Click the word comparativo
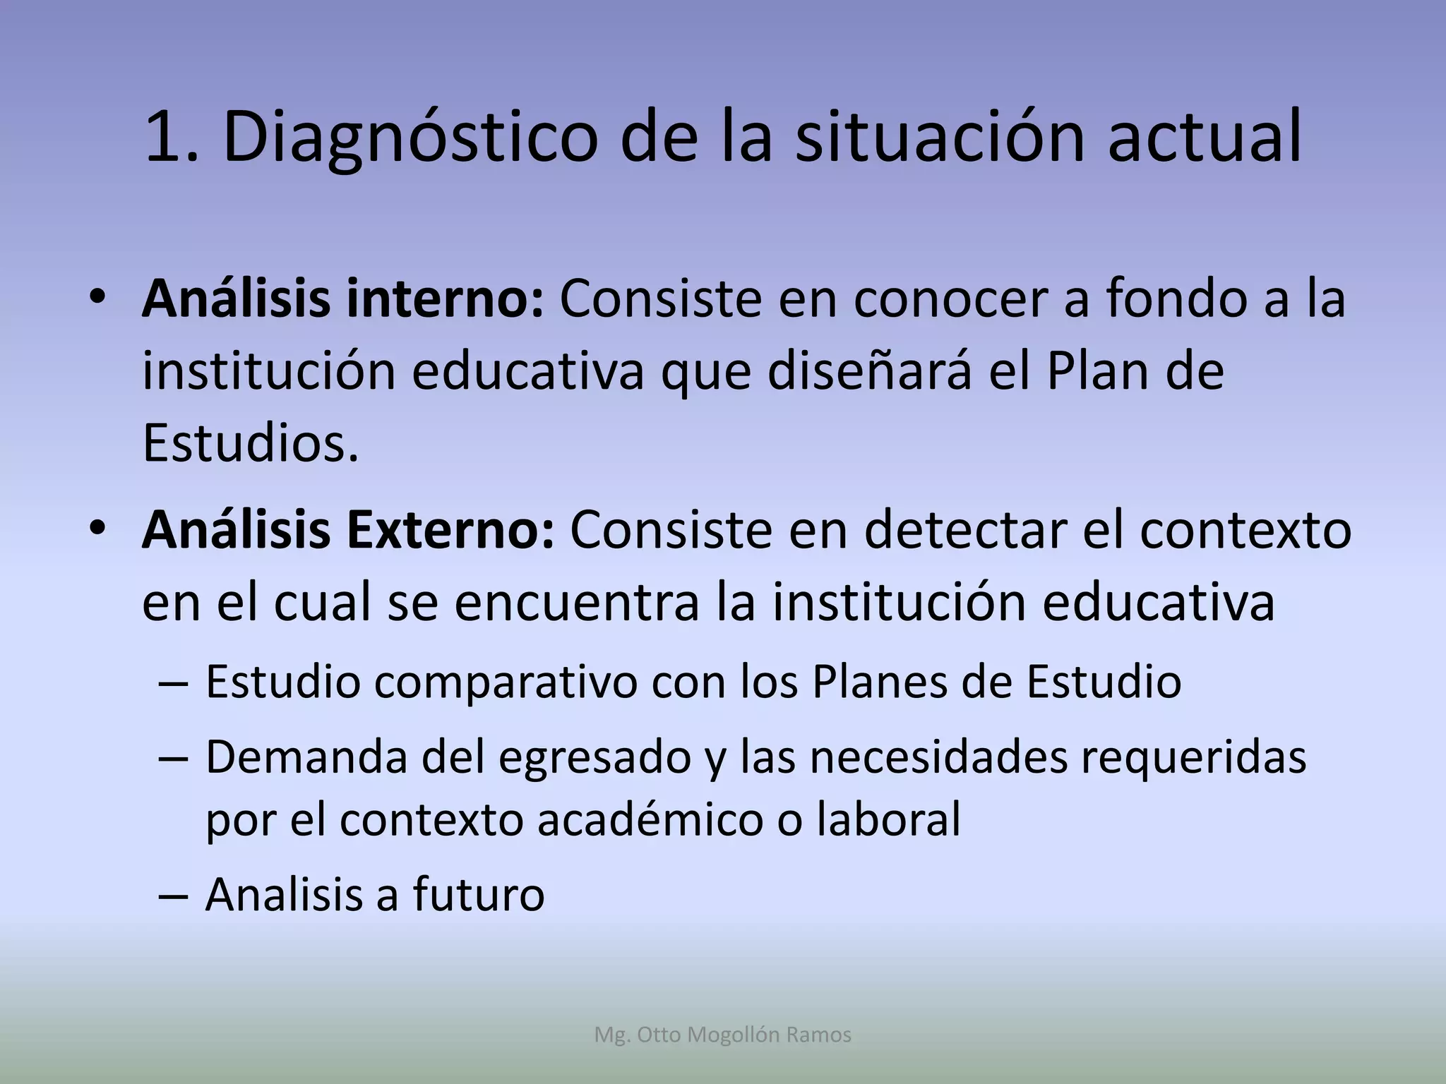[506, 682]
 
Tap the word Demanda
[306, 757]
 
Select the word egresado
[594, 758]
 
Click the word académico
[650, 819]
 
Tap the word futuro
[479, 894]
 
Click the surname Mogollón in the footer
[734, 1035]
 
